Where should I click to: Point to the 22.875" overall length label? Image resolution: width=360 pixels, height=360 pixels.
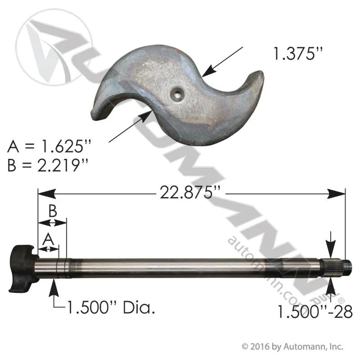(x=190, y=193)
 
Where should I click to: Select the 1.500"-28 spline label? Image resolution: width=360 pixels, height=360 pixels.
(x=315, y=312)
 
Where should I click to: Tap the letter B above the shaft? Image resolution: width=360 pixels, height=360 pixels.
(x=53, y=211)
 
